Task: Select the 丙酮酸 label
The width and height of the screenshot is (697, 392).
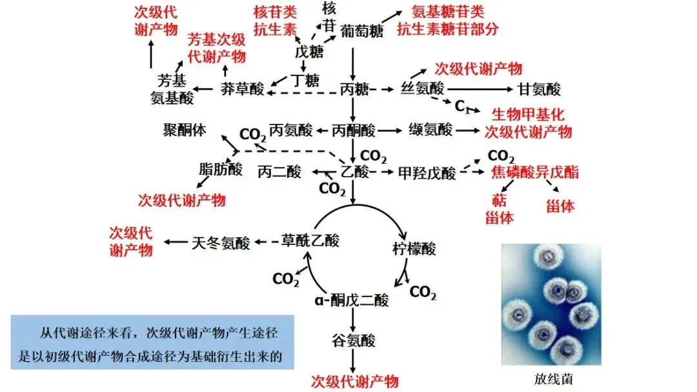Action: pos(353,131)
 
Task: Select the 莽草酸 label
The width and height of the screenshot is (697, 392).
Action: pos(242,89)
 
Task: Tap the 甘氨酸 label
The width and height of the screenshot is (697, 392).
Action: pos(540,89)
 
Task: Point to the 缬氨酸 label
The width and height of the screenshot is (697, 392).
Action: pos(430,130)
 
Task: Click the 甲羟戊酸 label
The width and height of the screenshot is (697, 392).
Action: pos(427,173)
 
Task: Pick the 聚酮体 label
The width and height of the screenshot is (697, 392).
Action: pos(184,130)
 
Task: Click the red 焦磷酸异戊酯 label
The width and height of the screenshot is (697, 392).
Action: pos(535,172)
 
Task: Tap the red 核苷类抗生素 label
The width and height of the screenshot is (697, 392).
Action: pos(276,20)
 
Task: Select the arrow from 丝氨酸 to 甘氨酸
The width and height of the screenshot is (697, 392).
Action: pos(481,89)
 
